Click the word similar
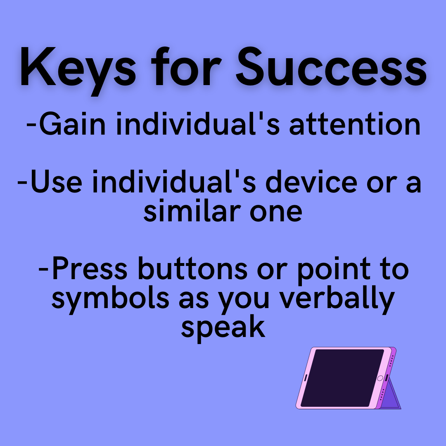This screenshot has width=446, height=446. tap(188, 211)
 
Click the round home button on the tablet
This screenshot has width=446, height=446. tap(380, 378)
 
